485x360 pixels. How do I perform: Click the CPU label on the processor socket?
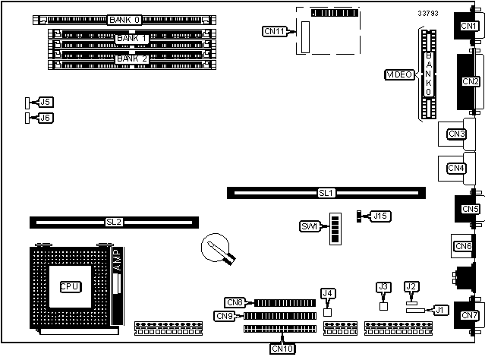pyautogui.click(x=70, y=286)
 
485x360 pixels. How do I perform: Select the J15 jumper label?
pyautogui.click(x=380, y=216)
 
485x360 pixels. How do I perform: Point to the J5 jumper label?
pyautogui.click(x=46, y=102)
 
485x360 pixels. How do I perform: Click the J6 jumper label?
pyautogui.click(x=46, y=118)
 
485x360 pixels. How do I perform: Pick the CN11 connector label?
pyautogui.click(x=273, y=31)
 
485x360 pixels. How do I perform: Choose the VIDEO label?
pyautogui.click(x=399, y=74)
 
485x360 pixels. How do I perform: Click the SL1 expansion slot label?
pyautogui.click(x=326, y=193)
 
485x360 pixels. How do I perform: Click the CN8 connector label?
pyautogui.click(x=234, y=302)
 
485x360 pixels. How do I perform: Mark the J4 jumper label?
pyautogui.click(x=328, y=293)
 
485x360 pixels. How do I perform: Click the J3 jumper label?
pyautogui.click(x=383, y=286)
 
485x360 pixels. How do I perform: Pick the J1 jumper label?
pyautogui.click(x=438, y=309)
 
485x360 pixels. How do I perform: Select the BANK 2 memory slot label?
pyautogui.click(x=131, y=58)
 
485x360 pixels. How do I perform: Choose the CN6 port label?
pyautogui.click(x=462, y=245)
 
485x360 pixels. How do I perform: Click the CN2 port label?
pyautogui.click(x=470, y=81)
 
